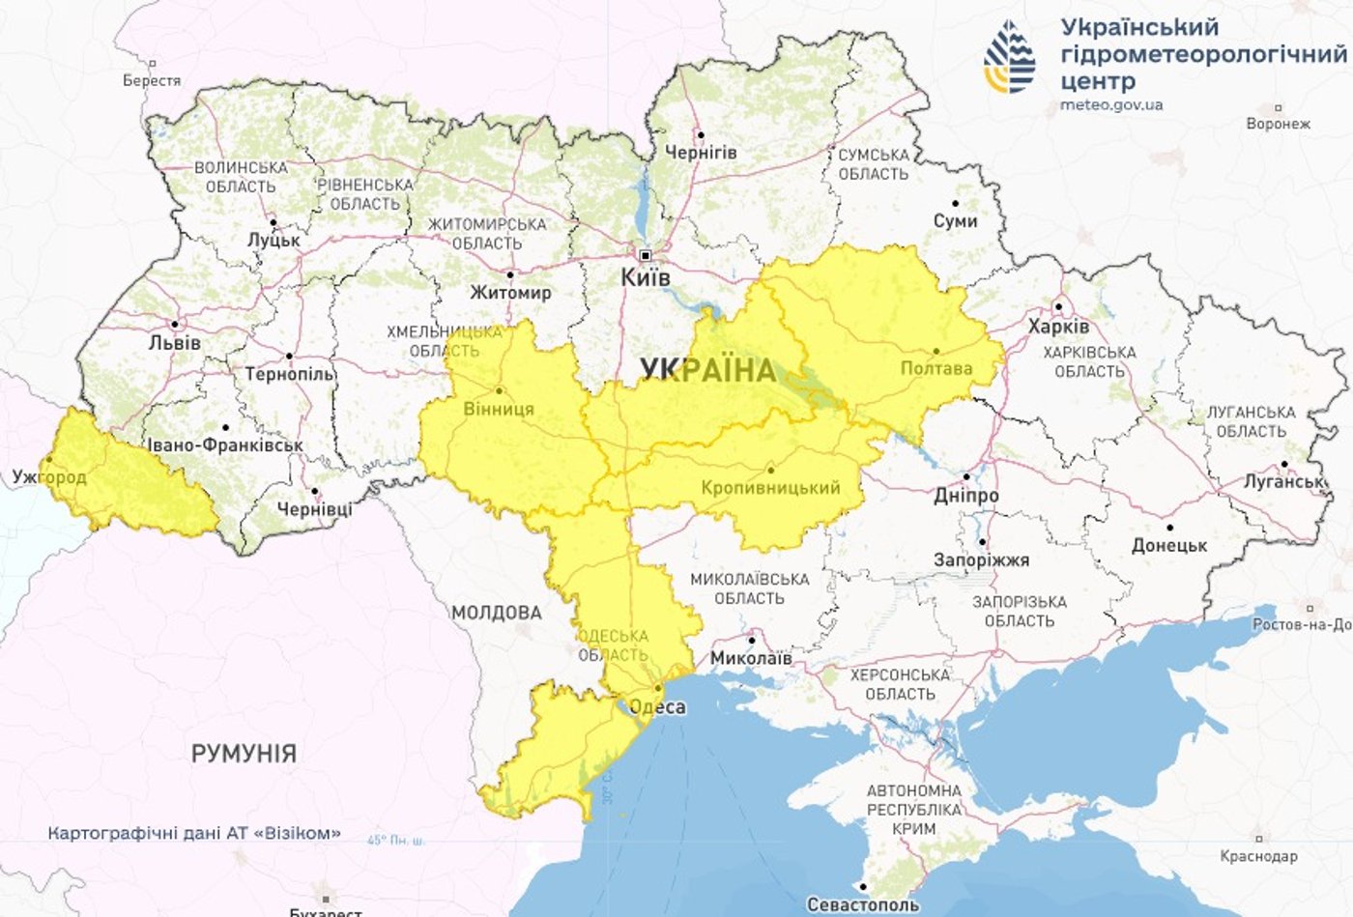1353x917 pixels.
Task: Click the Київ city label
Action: click(x=646, y=278)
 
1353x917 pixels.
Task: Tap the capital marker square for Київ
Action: click(x=646, y=256)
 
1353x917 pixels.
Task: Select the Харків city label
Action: click(x=1058, y=327)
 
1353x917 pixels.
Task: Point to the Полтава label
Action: click(x=936, y=368)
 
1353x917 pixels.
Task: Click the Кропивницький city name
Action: click(x=770, y=488)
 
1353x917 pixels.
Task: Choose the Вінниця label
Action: click(x=499, y=409)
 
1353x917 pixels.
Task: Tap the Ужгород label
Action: click(x=49, y=476)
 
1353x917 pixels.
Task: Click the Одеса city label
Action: click(x=657, y=706)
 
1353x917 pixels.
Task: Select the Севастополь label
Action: click(x=863, y=904)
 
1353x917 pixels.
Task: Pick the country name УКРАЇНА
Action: click(x=708, y=370)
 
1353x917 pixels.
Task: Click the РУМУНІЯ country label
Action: click(x=244, y=754)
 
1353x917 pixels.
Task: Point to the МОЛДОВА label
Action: click(x=497, y=613)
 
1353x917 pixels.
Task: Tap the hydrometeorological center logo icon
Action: click(x=1009, y=57)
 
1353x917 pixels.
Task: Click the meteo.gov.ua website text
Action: click(x=1111, y=104)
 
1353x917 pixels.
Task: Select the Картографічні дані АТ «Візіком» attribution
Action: click(x=194, y=833)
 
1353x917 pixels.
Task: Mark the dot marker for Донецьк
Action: click(x=1169, y=528)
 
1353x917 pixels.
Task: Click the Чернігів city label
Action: click(x=701, y=153)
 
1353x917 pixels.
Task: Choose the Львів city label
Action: click(x=175, y=342)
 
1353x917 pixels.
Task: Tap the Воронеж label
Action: click(x=1278, y=124)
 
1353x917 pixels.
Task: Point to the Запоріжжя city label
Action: click(x=981, y=559)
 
